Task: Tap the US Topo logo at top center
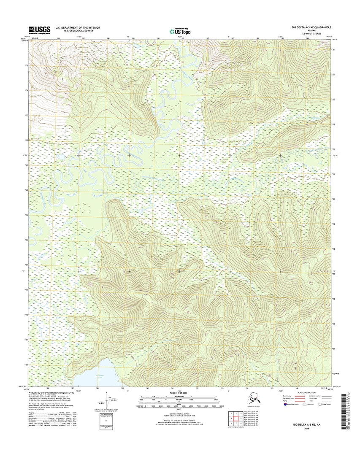click(x=180, y=30)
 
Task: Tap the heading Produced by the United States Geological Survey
click(x=56, y=392)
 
